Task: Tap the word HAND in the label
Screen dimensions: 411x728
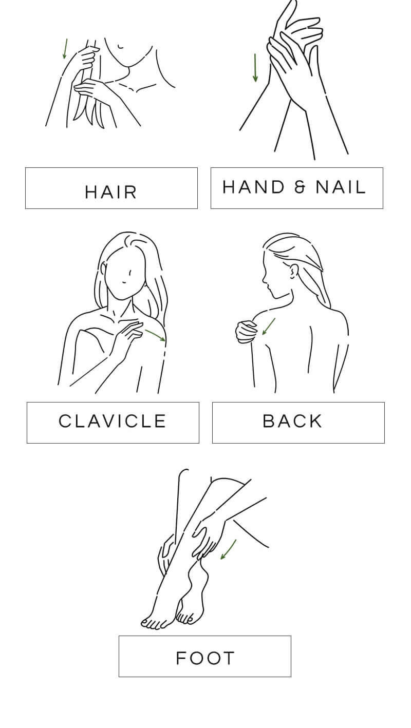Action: pos(254,187)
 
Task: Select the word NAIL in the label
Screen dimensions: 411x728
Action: pos(341,187)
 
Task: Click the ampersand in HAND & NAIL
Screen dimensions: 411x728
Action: pos(300,187)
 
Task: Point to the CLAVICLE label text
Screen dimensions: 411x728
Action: pos(113,421)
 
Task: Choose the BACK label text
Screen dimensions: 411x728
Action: pos(292,421)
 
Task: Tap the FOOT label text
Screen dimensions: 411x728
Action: pos(205,659)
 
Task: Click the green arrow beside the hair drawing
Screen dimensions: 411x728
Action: pos(65,49)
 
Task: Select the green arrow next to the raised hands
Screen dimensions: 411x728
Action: pos(255,68)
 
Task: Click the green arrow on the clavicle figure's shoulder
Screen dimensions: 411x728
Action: pos(156,336)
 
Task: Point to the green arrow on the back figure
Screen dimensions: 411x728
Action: pos(269,327)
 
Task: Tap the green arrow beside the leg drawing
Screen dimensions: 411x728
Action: pos(228,549)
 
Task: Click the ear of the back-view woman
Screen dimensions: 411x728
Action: pos(294,272)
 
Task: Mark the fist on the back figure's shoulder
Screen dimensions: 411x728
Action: pos(247,332)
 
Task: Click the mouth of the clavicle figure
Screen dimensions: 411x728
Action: pos(123,282)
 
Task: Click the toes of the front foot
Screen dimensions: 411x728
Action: pos(154,623)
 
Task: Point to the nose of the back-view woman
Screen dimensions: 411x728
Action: pos(264,279)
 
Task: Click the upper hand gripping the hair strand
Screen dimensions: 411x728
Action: pos(86,58)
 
